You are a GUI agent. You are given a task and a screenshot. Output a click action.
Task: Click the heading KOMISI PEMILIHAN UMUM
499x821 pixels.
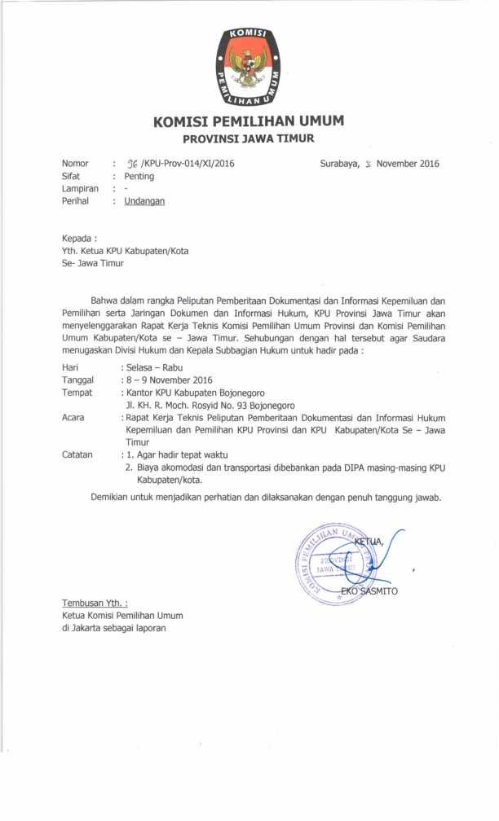pos(248,122)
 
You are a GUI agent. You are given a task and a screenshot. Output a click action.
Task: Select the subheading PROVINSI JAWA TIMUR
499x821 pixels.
pos(248,138)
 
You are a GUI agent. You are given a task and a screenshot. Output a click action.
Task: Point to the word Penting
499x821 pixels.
pos(139,176)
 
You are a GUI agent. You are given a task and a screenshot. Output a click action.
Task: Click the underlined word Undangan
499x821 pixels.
pos(144,201)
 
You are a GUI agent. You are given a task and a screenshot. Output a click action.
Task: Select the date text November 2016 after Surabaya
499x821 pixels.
pos(408,164)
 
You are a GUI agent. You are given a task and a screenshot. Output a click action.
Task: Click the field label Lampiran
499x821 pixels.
pos(80,189)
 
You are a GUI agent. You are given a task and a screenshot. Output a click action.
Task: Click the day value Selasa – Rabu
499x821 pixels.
pos(153,367)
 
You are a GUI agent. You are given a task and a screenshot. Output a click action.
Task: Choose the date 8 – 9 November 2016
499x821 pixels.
pos(168,380)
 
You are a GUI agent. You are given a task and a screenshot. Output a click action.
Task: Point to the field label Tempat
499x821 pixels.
pos(77,393)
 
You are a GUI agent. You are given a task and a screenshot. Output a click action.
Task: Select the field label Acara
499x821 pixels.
pos(73,418)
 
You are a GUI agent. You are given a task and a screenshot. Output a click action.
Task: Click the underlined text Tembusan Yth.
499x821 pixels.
pos(95,604)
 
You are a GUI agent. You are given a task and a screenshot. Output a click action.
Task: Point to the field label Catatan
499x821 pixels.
pos(77,455)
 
